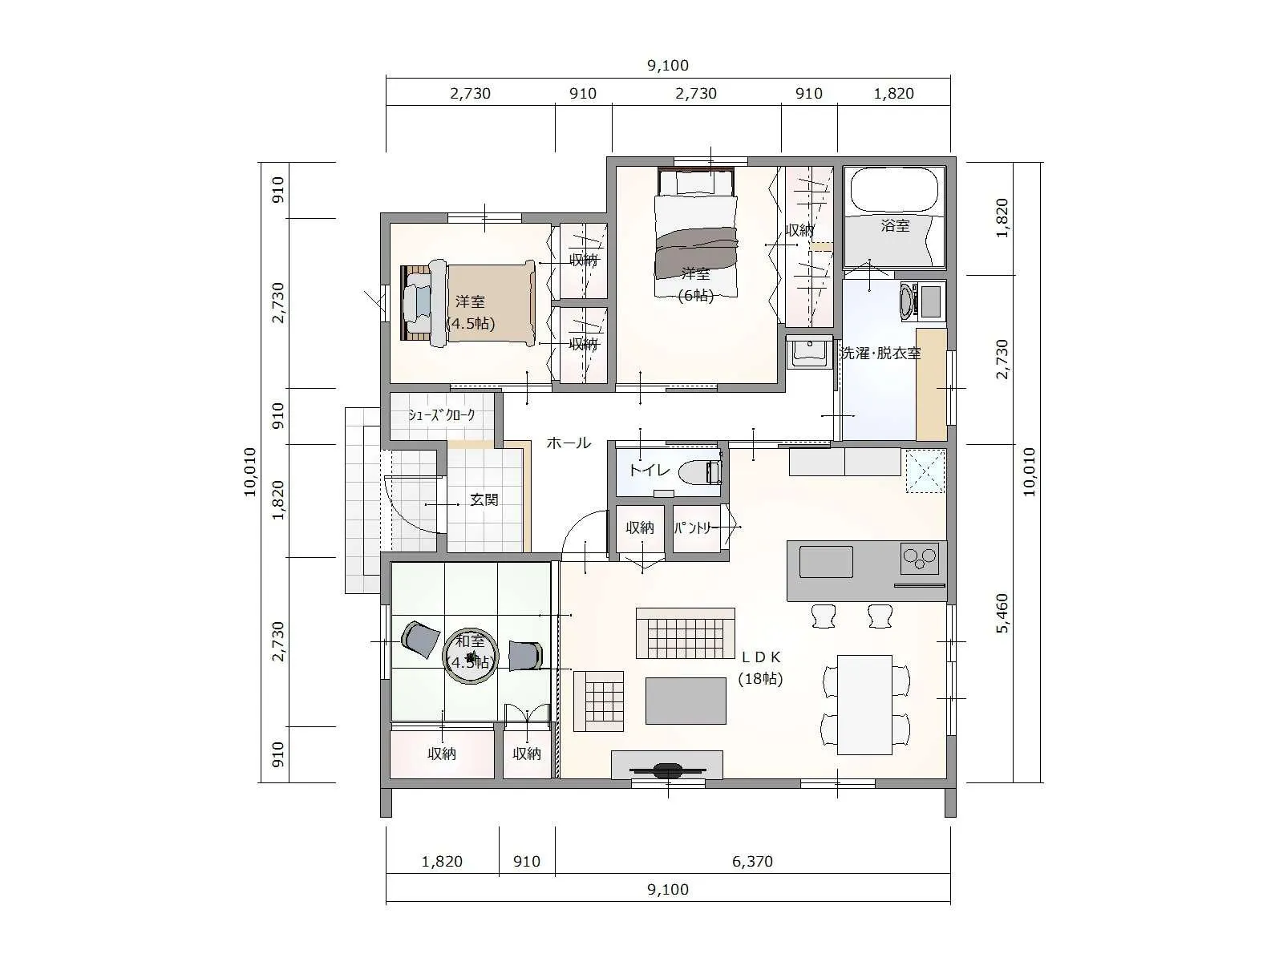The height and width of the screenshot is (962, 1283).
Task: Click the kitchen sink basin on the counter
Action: [826, 562]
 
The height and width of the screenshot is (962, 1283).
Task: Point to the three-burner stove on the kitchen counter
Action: [920, 558]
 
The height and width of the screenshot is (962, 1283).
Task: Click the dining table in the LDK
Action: [864, 705]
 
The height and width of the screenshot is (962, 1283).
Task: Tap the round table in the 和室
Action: [472, 656]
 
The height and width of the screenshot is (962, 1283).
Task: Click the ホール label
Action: [569, 443]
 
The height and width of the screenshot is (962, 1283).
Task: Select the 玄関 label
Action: [484, 500]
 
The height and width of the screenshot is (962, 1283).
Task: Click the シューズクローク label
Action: [441, 415]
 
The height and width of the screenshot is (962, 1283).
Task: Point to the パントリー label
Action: [693, 528]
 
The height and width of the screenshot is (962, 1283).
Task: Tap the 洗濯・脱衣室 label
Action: [880, 353]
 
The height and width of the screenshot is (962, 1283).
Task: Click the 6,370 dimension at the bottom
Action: [752, 862]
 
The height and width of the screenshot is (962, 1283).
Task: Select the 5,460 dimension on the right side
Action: [1002, 613]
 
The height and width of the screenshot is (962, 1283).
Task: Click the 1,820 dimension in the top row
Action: [894, 94]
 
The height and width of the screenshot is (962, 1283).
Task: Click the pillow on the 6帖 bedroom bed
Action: [695, 184]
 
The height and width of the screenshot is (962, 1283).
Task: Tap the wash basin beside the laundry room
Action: [810, 352]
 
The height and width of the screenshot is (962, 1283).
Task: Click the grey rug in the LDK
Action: [686, 701]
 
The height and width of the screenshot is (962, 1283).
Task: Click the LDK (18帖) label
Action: [760, 669]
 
